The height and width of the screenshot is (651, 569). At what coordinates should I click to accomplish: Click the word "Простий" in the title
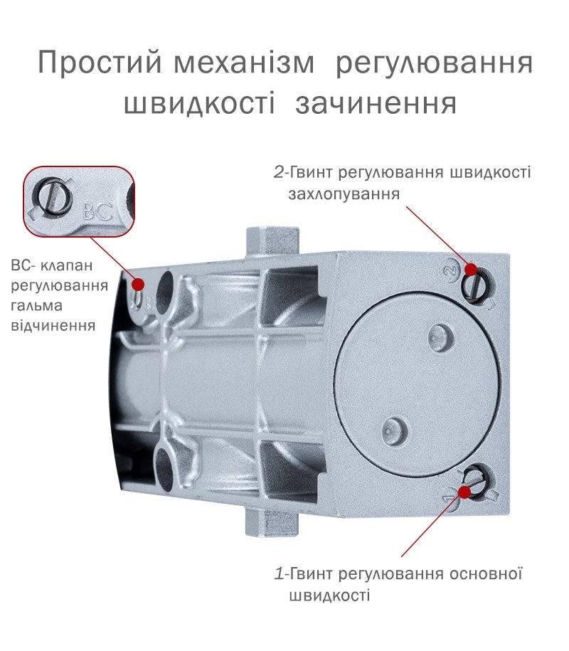[x=100, y=63]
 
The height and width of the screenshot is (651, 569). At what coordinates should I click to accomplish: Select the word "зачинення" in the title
[x=376, y=103]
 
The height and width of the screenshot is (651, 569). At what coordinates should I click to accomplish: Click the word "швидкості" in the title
[x=199, y=103]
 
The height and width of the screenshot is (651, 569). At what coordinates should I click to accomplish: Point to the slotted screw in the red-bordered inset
[x=53, y=197]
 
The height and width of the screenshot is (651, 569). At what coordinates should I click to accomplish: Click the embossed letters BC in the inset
[x=98, y=211]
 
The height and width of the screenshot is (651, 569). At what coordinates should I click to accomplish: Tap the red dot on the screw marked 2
[x=471, y=270]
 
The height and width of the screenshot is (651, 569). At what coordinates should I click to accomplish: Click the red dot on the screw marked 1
[x=465, y=492]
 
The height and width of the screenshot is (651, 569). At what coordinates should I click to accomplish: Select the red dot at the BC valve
[x=138, y=285]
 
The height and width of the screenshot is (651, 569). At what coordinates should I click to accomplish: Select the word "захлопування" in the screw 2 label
[x=344, y=195]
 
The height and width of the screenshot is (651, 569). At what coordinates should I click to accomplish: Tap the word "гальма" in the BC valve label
[x=36, y=306]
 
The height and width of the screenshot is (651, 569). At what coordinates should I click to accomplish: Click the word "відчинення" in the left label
[x=53, y=326]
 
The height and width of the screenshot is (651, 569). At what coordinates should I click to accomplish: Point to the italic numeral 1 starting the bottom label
[x=280, y=573]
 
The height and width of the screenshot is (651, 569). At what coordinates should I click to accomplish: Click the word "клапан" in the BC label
[x=66, y=265]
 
